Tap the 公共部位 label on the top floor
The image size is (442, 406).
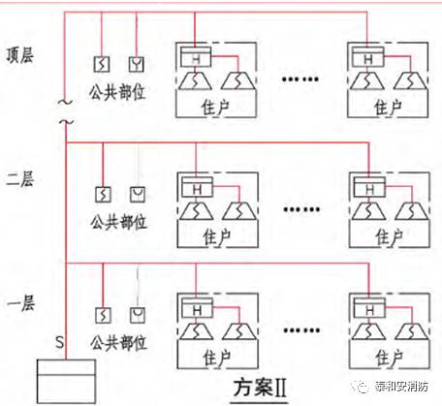click(x=118, y=96)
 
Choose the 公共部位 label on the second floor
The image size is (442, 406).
click(x=118, y=222)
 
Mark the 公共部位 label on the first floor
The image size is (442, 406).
click(x=118, y=343)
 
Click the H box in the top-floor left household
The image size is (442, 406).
click(x=195, y=60)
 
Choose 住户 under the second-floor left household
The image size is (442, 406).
click(x=217, y=234)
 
